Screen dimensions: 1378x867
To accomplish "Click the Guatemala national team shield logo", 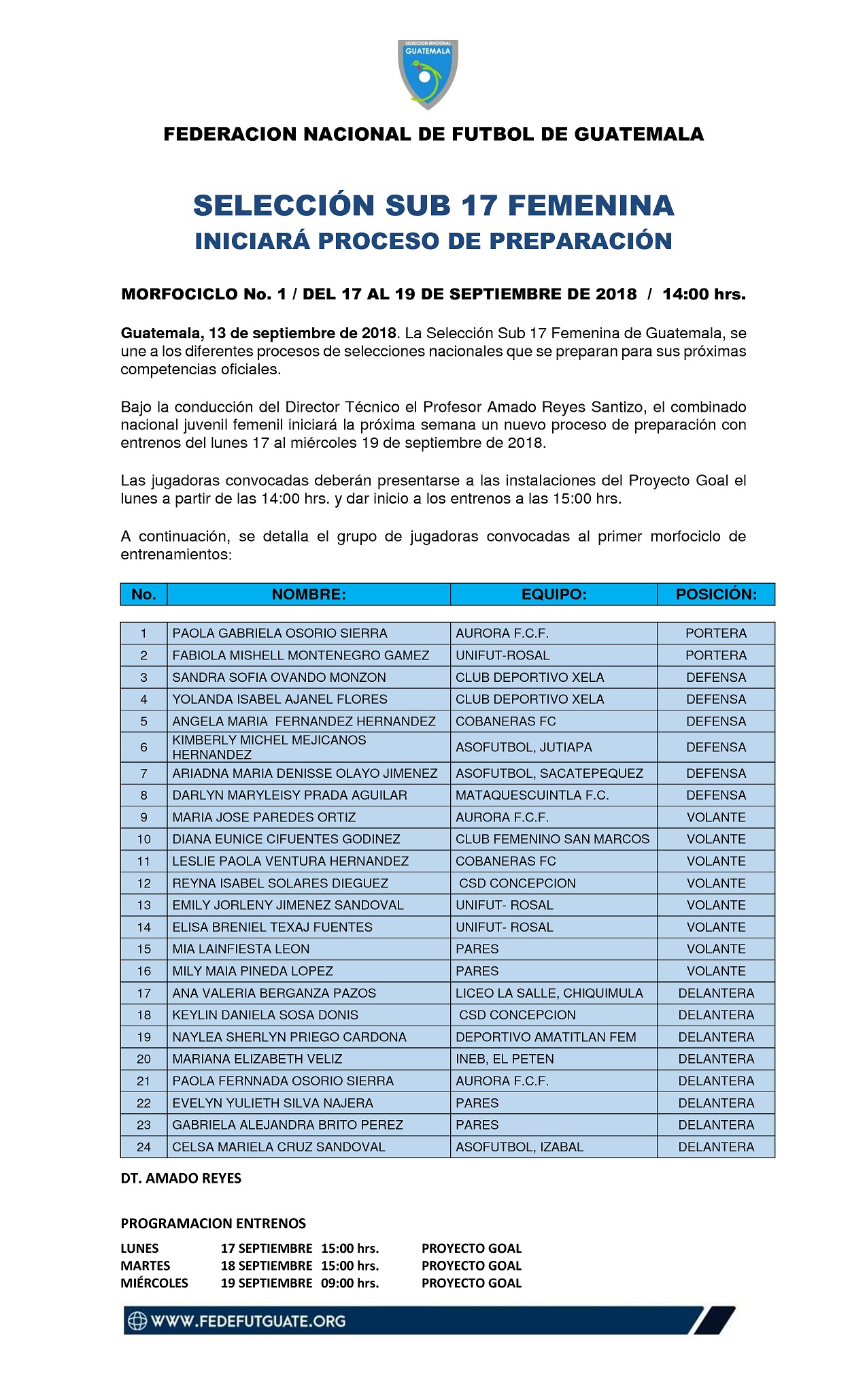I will click(x=428, y=73).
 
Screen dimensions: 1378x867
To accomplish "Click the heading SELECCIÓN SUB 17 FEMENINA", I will click(x=433, y=206).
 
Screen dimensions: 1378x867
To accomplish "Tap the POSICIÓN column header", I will click(x=715, y=594).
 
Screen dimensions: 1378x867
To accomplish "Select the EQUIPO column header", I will click(x=554, y=594).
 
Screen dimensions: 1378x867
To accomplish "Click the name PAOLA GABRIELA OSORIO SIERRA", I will click(x=279, y=633).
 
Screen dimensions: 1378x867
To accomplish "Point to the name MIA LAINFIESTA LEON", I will click(x=241, y=949).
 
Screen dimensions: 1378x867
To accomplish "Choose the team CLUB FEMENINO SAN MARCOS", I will click(x=552, y=839).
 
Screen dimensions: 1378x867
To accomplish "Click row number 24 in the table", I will click(x=143, y=1147).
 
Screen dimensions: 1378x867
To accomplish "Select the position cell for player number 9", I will click(x=715, y=817).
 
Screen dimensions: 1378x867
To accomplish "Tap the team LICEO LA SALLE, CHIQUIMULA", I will click(x=549, y=993).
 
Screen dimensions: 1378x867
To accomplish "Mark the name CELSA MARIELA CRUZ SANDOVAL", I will click(x=279, y=1147).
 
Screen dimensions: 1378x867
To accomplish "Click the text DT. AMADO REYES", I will click(x=181, y=1178).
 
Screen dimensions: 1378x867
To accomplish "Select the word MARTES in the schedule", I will click(x=146, y=1266).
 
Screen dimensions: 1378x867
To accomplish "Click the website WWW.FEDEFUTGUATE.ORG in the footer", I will click(x=248, y=1321).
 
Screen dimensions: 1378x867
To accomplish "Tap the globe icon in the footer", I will click(x=137, y=1321).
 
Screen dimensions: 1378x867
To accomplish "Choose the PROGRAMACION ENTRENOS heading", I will click(x=213, y=1223).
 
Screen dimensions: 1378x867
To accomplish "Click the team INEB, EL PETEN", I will click(x=505, y=1059).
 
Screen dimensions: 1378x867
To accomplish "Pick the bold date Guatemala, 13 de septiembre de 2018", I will click(x=258, y=333).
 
